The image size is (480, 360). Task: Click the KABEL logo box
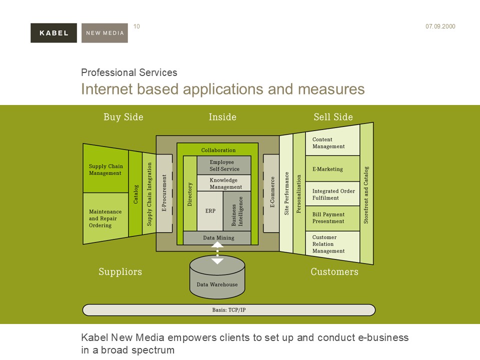point(53,33)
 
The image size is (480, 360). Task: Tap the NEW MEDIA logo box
point(104,33)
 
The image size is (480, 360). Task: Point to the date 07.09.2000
point(440,26)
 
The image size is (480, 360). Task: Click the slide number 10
point(137,26)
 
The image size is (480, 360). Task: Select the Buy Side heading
point(123,117)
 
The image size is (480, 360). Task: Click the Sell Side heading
point(333,117)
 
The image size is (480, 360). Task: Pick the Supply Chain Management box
point(105,169)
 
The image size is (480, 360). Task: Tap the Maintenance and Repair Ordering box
point(105,218)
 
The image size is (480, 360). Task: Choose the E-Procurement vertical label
point(164,193)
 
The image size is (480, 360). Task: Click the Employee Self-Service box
point(224,165)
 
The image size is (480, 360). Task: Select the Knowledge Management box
point(224,183)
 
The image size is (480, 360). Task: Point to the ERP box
point(210,211)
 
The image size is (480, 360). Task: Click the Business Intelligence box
point(237,211)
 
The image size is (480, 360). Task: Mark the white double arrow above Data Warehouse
point(217,252)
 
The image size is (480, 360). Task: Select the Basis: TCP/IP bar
point(228,310)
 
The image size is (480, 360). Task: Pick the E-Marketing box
point(332,169)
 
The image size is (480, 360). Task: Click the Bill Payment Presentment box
point(332,218)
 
